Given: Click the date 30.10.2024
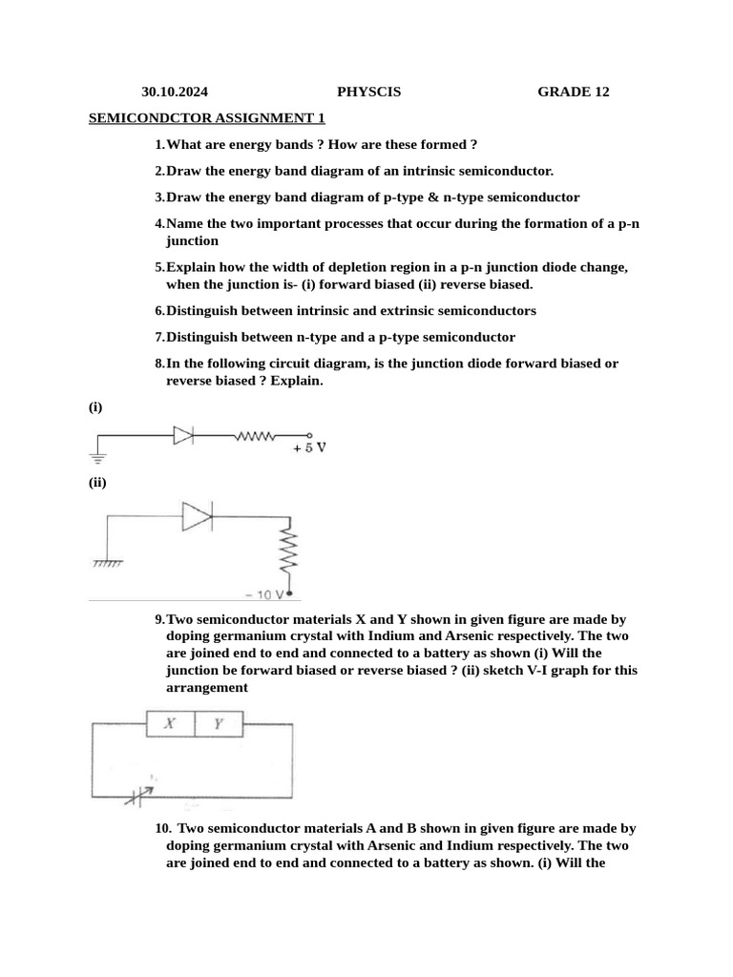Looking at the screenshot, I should (175, 93).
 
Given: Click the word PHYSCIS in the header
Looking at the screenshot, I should (368, 93).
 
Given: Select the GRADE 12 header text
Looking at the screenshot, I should (573, 93).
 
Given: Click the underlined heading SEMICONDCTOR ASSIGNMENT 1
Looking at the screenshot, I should (207, 118).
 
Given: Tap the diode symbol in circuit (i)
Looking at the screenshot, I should (183, 436).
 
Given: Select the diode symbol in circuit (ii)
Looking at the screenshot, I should (197, 518).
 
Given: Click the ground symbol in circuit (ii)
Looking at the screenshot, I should (107, 564).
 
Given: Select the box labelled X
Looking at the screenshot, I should (170, 724).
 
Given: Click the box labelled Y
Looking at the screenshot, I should (219, 724).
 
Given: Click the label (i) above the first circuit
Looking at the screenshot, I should (95, 407).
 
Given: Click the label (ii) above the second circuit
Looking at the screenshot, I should (97, 483).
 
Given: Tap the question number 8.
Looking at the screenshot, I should (159, 364).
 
